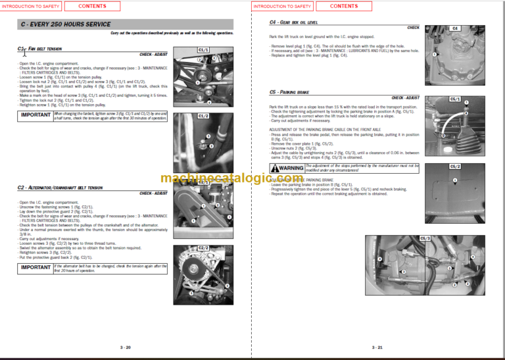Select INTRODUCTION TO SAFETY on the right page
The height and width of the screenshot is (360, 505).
[x=282, y=6]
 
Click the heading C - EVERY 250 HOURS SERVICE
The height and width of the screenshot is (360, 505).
[x=64, y=24]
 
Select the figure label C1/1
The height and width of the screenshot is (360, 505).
[x=203, y=49]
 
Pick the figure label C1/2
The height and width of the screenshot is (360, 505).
[x=203, y=116]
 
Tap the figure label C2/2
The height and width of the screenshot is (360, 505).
[x=203, y=247]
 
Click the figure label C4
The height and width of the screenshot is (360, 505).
[x=455, y=28]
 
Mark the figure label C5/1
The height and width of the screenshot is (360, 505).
[x=455, y=99]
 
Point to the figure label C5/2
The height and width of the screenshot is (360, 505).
[x=455, y=167]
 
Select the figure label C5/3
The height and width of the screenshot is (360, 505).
[x=425, y=238]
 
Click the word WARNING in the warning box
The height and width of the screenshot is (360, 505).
[x=291, y=168]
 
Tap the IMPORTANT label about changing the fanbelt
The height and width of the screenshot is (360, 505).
[x=35, y=115]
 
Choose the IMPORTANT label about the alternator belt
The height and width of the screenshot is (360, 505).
[x=35, y=268]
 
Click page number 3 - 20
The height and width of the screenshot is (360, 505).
[x=125, y=347]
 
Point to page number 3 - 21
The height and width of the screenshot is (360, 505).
[x=377, y=347]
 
